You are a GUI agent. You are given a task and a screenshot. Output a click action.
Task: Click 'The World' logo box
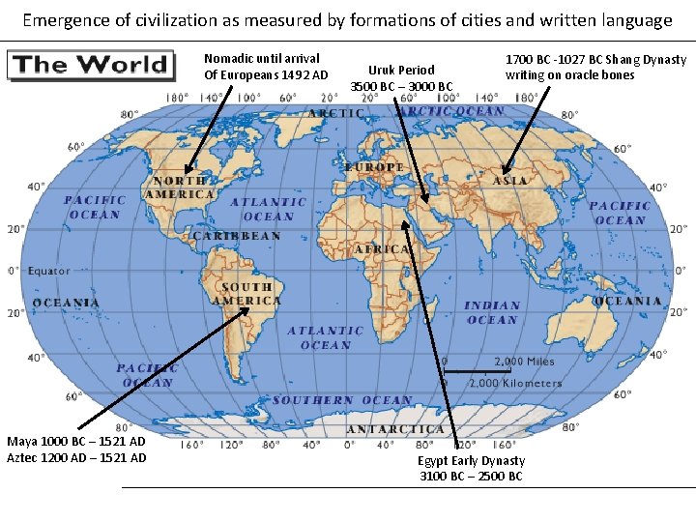(x=90, y=66)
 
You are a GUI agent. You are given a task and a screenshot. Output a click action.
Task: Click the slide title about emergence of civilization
(x=347, y=19)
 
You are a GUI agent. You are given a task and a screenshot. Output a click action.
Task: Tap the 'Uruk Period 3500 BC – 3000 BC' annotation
(x=401, y=78)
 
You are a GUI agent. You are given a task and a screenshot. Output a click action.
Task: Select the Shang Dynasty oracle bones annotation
(x=595, y=68)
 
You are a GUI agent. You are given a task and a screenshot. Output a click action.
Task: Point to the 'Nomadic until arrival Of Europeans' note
(x=266, y=67)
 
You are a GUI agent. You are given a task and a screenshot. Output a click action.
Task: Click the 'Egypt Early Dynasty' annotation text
(x=471, y=468)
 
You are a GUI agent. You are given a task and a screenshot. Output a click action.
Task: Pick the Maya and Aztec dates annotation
(x=76, y=449)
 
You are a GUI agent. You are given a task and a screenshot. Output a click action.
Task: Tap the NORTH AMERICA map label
(x=179, y=188)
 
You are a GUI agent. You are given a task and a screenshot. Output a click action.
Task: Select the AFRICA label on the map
(x=385, y=249)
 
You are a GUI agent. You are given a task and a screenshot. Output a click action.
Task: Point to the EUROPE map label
(x=374, y=167)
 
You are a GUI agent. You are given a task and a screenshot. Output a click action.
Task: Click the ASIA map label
(x=509, y=181)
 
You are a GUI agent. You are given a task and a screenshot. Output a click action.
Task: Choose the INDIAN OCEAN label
(x=493, y=312)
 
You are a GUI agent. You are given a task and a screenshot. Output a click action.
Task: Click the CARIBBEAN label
(x=236, y=236)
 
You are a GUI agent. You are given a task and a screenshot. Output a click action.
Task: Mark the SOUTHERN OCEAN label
(x=342, y=400)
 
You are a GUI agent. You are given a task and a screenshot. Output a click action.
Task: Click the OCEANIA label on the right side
(x=627, y=301)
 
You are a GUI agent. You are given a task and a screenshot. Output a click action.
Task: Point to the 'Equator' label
(x=48, y=272)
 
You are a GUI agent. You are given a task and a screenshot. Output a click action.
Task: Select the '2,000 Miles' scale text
(x=525, y=362)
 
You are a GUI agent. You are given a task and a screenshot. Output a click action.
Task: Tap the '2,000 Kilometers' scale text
(x=515, y=383)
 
